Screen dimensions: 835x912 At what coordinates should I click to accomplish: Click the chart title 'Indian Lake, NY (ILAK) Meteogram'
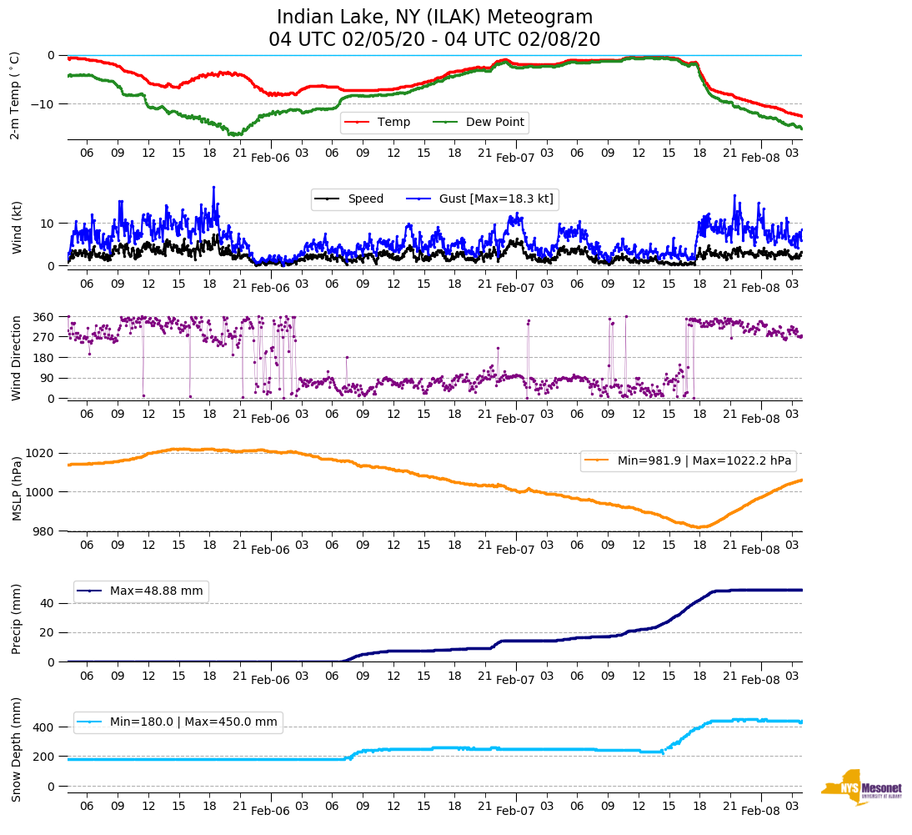[434, 18]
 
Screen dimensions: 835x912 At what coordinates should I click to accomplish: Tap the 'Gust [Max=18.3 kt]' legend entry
[496, 199]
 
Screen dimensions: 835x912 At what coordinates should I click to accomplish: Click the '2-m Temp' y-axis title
[15, 95]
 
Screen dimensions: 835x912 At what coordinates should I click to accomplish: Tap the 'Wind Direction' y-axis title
[17, 357]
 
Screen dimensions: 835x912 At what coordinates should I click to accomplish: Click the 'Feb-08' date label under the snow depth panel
[759, 811]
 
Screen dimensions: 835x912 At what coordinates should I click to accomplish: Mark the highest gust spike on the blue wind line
[213, 188]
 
